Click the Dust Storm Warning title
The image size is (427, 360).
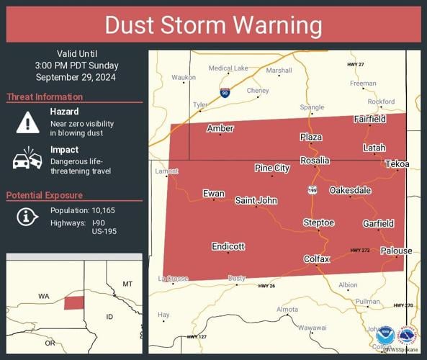point(213,25)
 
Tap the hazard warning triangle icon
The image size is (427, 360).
point(27,122)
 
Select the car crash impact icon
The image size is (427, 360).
point(27,158)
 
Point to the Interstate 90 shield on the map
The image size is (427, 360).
point(225,92)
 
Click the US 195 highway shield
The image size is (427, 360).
point(312,189)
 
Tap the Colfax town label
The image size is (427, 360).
point(316,258)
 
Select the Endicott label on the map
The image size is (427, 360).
point(228,246)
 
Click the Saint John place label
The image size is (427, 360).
point(256,200)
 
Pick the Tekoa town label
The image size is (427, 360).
point(396,164)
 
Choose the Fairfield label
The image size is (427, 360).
point(369,119)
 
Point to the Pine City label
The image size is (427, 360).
point(272,168)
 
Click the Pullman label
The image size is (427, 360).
point(367,302)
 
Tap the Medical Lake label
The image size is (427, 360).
point(228,68)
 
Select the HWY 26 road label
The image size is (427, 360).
point(266,286)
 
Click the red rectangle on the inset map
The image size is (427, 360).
point(73,302)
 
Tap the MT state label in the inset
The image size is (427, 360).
point(127,284)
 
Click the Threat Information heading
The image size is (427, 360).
point(45,97)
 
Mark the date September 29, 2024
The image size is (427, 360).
point(75,77)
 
